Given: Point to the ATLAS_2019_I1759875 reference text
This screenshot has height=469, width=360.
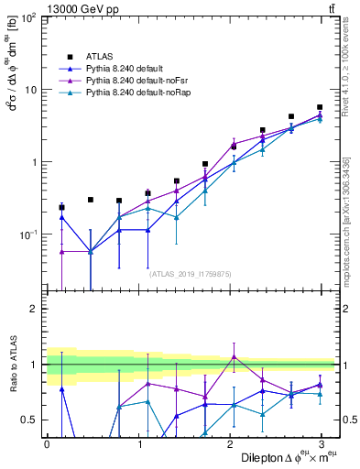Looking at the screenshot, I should pyautogui.click(x=191, y=272).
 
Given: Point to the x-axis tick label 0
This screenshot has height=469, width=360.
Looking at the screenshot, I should pyautogui.click(x=47, y=442).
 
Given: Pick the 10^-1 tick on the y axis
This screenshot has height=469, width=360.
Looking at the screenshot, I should pyautogui.click(x=29, y=234).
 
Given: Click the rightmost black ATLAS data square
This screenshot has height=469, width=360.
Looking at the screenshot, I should pyautogui.click(x=320, y=107).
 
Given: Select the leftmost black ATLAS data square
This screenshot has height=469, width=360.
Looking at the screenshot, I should pyautogui.click(x=61, y=207).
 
